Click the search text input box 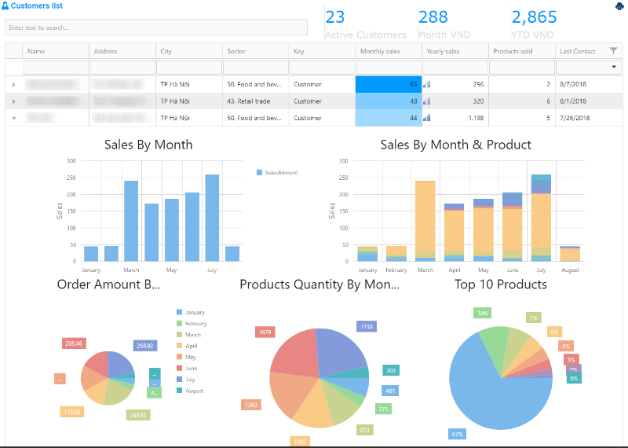tap(156, 28)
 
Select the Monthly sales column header tap(380, 51)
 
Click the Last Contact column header tap(577, 51)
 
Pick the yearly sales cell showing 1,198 tap(455, 118)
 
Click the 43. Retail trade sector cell tap(255, 101)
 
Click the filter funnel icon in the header tap(613, 51)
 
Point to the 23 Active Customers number tap(335, 17)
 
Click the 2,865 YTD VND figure tap(534, 17)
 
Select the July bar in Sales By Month tap(212, 218)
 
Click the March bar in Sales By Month tap(131, 221)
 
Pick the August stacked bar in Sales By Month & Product tap(571, 254)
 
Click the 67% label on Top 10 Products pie tap(458, 434)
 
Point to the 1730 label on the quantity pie tap(367, 326)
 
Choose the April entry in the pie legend tap(191, 346)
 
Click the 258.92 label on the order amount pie tap(144, 346)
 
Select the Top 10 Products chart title tap(501, 285)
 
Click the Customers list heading tap(37, 6)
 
